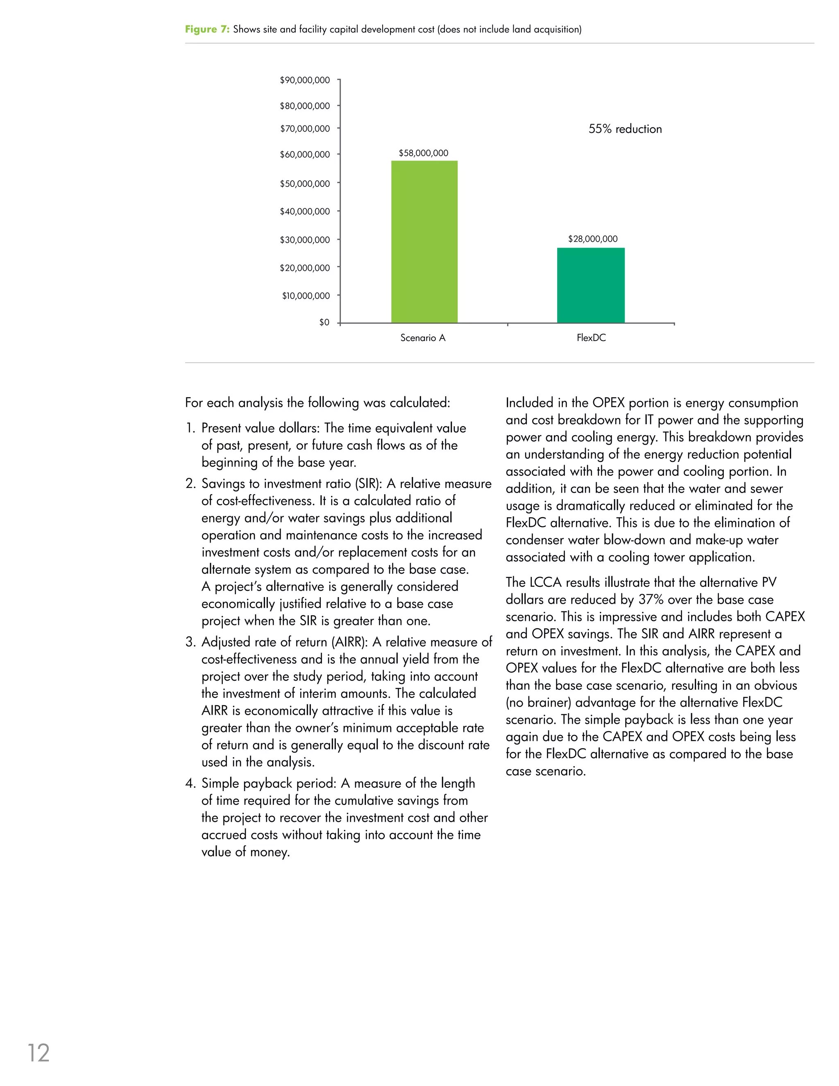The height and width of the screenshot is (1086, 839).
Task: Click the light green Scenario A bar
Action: coord(424,242)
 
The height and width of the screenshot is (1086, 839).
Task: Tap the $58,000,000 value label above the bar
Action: coord(424,153)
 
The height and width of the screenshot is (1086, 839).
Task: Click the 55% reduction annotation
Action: coord(625,129)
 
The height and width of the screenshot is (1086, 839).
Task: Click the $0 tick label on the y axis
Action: coord(324,323)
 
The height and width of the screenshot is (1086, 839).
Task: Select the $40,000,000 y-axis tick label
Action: coord(305,212)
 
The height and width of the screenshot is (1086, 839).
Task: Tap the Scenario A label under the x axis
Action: coord(423,338)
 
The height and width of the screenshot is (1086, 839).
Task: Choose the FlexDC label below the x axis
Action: coord(591,338)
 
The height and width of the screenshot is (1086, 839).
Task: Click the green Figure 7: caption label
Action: coord(207,30)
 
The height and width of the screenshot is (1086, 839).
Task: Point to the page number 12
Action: coord(38,1053)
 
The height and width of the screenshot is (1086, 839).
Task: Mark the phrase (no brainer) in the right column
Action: coord(538,702)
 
